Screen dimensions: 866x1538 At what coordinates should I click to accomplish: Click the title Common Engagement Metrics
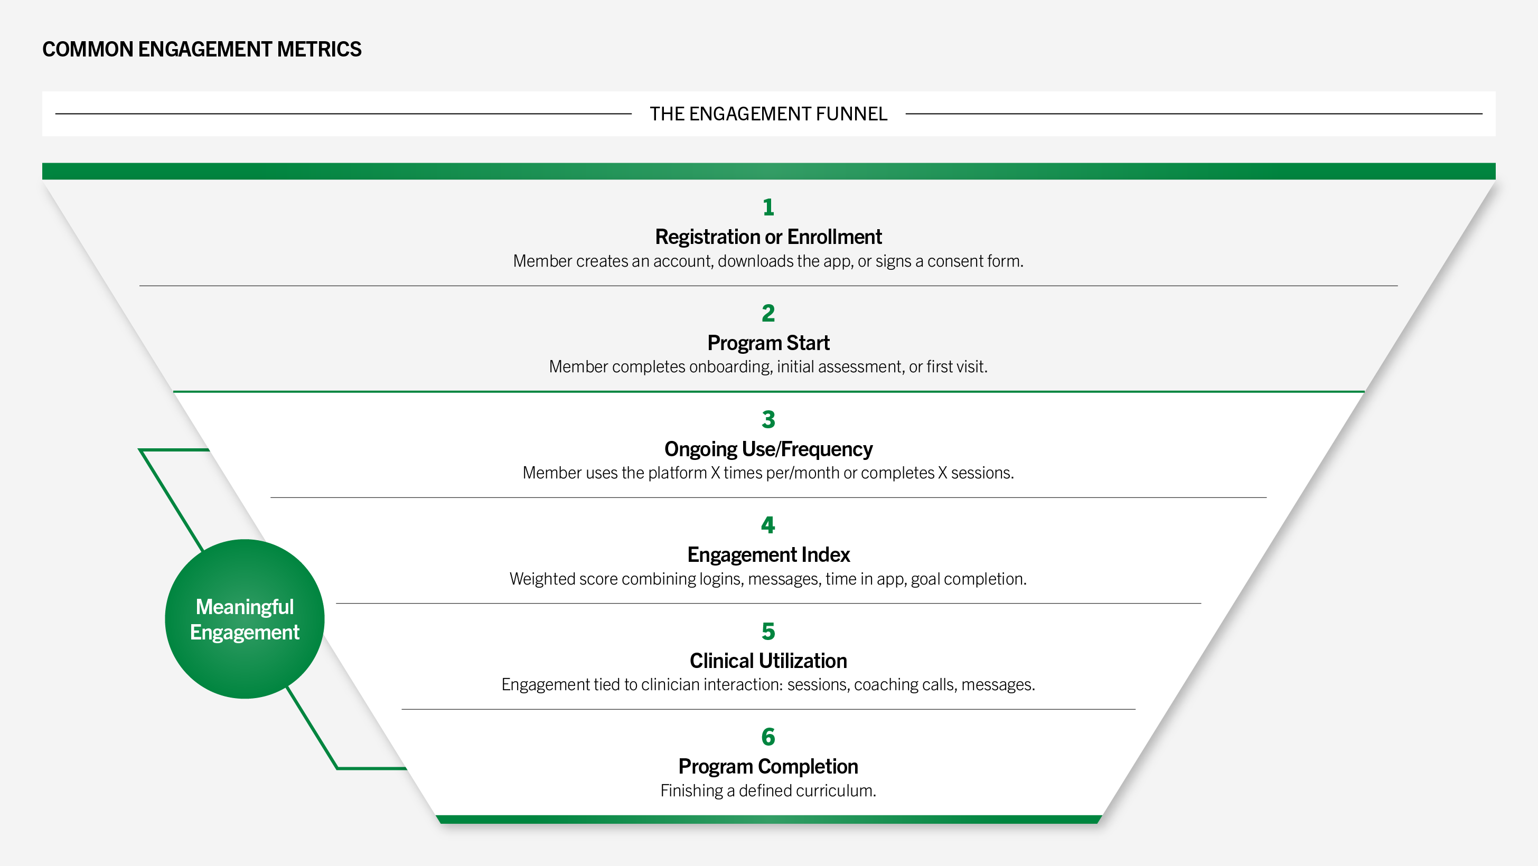(x=202, y=49)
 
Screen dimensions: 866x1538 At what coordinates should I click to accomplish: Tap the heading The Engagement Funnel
(x=768, y=114)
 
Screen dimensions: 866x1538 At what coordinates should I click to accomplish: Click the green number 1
(x=768, y=207)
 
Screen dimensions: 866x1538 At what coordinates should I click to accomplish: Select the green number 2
(x=768, y=313)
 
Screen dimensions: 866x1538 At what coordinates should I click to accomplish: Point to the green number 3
(x=768, y=419)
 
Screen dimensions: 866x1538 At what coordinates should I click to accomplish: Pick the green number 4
(x=768, y=524)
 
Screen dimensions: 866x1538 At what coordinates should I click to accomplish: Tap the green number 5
(x=768, y=631)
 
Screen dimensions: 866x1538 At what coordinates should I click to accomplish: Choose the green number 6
(x=768, y=737)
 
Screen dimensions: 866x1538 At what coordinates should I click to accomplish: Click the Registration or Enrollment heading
(x=768, y=237)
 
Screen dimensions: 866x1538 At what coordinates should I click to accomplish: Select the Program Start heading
(x=768, y=343)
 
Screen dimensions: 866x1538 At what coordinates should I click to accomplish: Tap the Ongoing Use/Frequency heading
(x=768, y=449)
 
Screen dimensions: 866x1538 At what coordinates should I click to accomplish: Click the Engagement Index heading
(x=768, y=554)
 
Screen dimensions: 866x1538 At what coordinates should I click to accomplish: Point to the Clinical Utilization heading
(x=768, y=661)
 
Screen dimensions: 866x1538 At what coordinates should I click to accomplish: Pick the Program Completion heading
(x=768, y=766)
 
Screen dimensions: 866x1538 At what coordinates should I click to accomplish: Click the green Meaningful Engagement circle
(x=245, y=619)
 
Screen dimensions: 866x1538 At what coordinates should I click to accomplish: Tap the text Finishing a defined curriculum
(x=768, y=791)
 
